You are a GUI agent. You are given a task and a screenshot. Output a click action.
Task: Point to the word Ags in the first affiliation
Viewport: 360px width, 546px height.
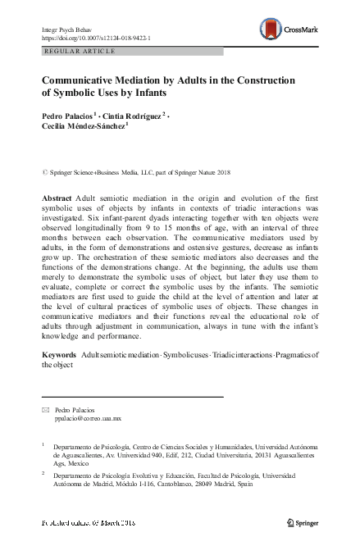pos(60,462)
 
